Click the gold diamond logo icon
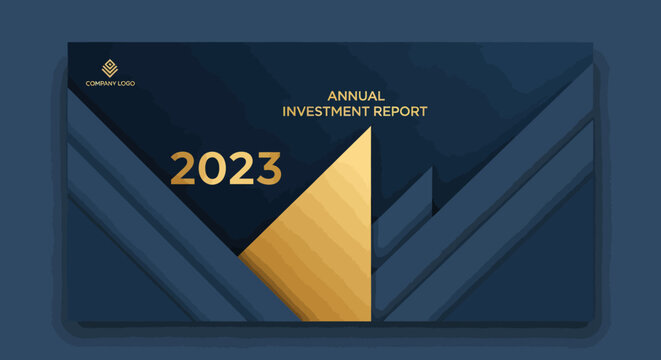coord(109,68)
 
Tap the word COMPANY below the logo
coord(101,83)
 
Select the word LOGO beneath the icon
coord(125,83)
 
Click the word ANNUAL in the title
coord(356,96)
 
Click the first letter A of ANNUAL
coord(332,96)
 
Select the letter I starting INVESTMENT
coord(285,111)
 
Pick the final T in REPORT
coord(424,111)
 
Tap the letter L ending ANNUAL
coord(381,96)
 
